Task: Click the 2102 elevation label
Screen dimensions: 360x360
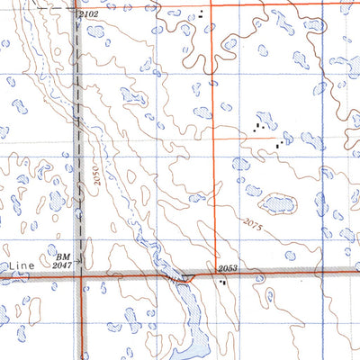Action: [x=87, y=14]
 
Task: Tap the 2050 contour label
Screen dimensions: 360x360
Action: [x=95, y=177]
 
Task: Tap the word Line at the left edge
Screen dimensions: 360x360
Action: [x=18, y=267]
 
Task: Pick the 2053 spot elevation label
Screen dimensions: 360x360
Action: [x=229, y=268]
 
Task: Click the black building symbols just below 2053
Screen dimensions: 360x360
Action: [x=222, y=282]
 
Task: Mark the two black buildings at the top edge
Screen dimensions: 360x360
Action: [x=202, y=14]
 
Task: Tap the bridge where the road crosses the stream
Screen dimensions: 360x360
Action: [x=184, y=279]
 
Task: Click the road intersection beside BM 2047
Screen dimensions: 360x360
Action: [x=80, y=276]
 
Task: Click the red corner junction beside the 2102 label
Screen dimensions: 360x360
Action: [x=75, y=10]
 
